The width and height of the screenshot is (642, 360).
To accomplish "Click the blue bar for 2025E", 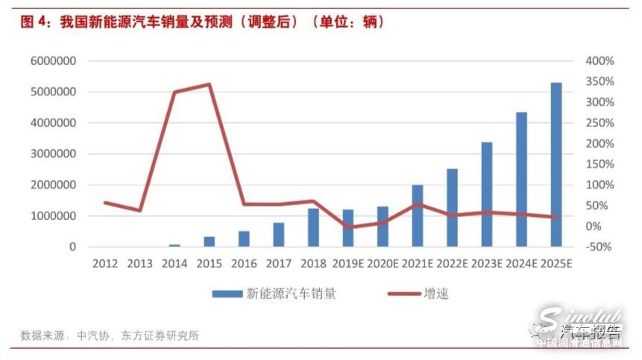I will tap(556, 165).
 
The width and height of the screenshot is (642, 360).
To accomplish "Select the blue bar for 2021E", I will tap(418, 215).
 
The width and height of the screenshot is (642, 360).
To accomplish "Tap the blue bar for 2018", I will tap(313, 227).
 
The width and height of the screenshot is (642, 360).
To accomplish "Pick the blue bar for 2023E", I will tap(487, 194).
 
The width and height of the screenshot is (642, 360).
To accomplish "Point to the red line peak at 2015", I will tap(210, 84).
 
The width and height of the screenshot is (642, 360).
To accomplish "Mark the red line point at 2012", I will tap(105, 202).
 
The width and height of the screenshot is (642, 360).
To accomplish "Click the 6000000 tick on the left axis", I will tap(54, 61).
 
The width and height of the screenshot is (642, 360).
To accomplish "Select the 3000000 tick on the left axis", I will tap(54, 154).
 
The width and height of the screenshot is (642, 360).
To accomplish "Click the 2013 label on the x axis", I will tap(140, 264).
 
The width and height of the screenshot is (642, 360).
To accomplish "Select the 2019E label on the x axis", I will tap(347, 264).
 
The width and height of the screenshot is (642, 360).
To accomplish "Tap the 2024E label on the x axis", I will tap(521, 264).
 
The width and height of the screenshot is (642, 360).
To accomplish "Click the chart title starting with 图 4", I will tap(201, 22).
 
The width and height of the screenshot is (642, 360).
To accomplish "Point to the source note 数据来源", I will tap(110, 335).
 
